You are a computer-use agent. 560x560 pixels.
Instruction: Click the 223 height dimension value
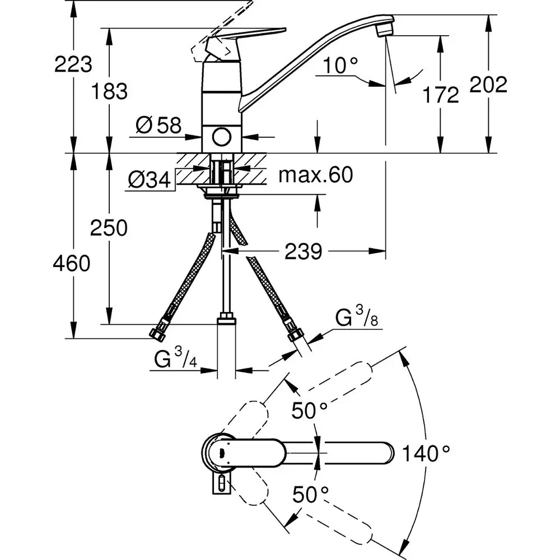73,64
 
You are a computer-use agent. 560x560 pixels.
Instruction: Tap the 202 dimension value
488,85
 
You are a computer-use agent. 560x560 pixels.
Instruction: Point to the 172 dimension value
441,95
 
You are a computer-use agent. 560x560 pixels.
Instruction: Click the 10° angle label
340,67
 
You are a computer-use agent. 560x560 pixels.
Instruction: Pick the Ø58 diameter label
158,125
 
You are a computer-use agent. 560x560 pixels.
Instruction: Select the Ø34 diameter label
148,180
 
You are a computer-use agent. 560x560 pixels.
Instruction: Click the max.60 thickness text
316,175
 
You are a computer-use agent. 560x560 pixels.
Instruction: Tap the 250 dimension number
110,228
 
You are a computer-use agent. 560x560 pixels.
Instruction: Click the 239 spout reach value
303,251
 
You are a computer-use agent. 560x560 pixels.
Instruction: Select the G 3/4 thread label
174,360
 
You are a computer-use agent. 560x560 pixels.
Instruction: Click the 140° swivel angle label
426,452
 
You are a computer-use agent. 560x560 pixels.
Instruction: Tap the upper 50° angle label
310,412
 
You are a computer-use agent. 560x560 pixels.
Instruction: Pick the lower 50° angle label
310,494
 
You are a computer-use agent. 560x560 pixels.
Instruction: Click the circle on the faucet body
222,136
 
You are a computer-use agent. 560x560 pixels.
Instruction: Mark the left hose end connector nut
157,334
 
